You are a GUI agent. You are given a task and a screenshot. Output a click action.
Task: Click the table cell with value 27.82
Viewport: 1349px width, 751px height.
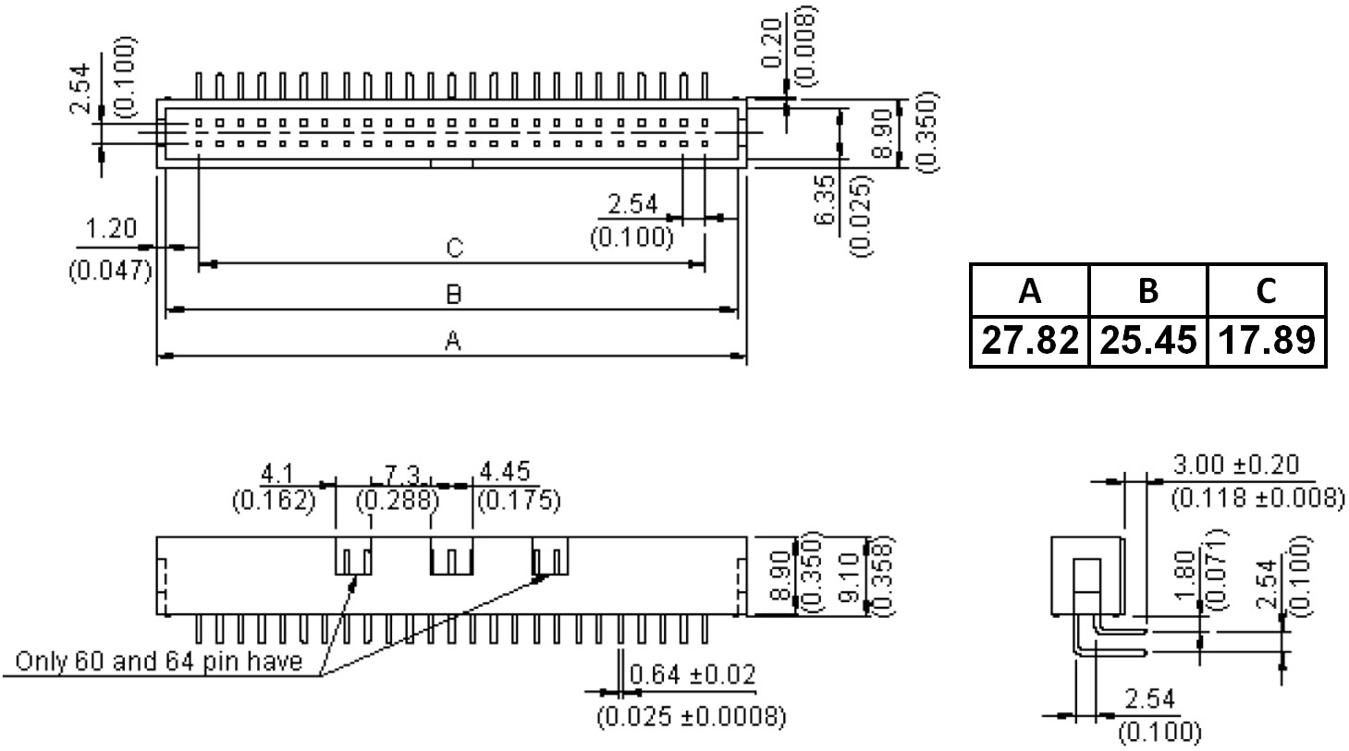click(x=1029, y=341)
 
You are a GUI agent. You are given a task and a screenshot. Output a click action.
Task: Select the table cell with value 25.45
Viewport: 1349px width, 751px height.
click(x=1147, y=341)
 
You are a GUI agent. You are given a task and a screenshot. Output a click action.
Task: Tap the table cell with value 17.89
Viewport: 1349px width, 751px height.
click(x=1266, y=341)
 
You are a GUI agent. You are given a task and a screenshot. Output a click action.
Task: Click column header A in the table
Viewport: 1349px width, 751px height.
click(x=1029, y=291)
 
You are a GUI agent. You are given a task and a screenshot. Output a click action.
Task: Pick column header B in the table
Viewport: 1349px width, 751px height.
click(x=1147, y=291)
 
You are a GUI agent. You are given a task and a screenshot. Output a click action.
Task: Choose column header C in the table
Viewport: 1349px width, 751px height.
click(x=1266, y=291)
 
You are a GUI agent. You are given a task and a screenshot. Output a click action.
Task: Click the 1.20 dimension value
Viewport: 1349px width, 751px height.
click(x=110, y=228)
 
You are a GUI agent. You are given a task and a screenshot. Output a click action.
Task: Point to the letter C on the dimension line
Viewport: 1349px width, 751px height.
click(x=453, y=248)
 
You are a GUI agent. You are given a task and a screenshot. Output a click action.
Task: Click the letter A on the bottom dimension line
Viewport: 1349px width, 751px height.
click(x=452, y=342)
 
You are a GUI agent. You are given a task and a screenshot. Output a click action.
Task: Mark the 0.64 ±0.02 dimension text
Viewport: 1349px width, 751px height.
click(x=692, y=674)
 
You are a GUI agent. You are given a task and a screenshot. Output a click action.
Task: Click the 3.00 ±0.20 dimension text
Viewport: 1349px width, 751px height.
click(x=1249, y=465)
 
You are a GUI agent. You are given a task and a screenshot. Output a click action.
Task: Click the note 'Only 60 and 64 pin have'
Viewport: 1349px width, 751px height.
click(x=159, y=661)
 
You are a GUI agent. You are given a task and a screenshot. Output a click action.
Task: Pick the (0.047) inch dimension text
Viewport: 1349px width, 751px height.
click(x=110, y=271)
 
